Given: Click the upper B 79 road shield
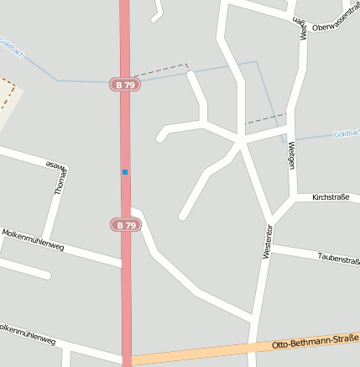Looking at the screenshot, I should point(124,85).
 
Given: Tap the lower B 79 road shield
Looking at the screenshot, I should point(124,225).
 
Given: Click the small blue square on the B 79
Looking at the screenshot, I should point(125,172).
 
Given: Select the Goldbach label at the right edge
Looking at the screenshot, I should point(346,134).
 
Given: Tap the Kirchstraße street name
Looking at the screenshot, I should point(330,197).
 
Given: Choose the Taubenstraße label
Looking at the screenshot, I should point(338,259).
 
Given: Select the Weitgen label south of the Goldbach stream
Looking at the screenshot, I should point(291,155).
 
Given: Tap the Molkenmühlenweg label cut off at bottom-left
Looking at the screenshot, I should point(27,334).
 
